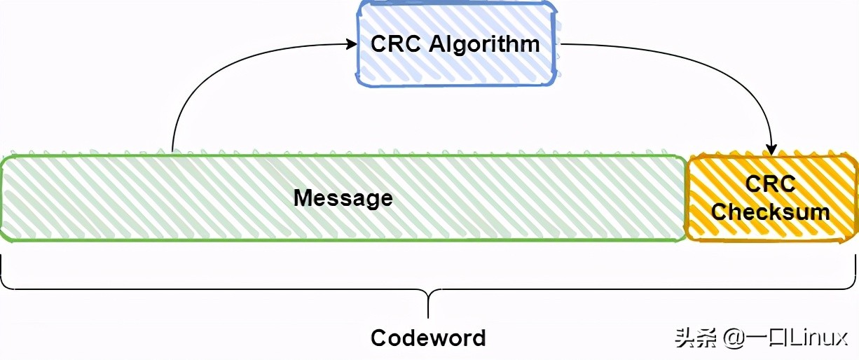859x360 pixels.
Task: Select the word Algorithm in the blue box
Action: click(484, 44)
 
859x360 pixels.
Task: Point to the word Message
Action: click(343, 198)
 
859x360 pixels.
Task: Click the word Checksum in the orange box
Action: click(770, 212)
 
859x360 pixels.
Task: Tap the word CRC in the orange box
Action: click(770, 184)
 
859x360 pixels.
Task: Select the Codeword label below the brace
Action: click(428, 338)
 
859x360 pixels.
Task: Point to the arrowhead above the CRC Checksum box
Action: click(772, 149)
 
